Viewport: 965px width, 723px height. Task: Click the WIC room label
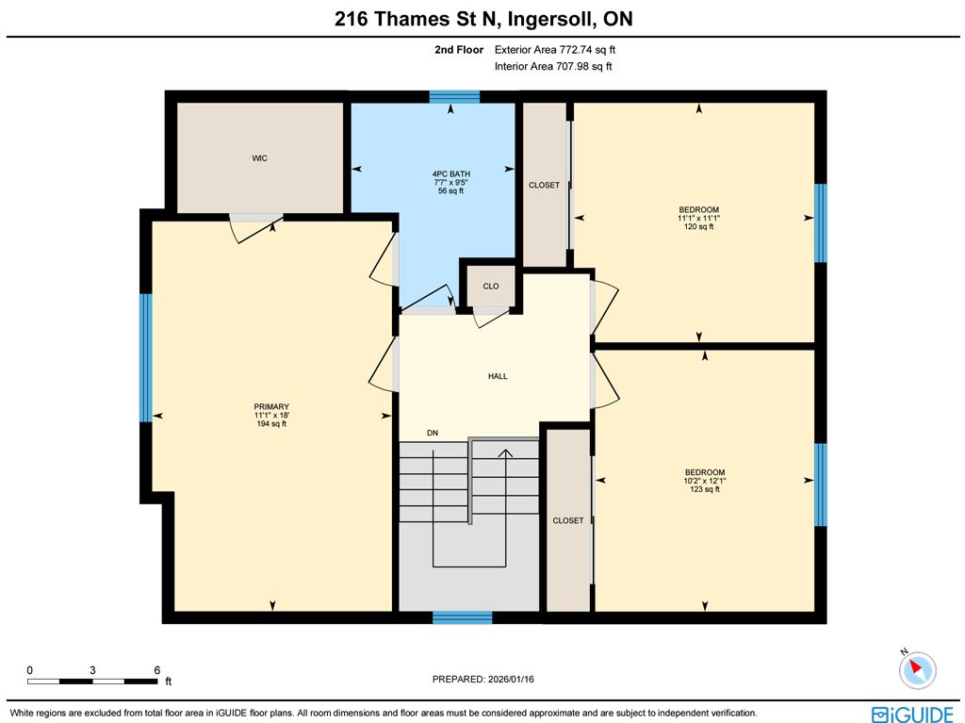tap(259, 158)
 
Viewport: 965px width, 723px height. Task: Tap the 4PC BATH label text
tap(451, 173)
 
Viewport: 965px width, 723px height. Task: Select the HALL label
tap(498, 376)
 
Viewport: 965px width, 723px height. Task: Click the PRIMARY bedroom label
tap(271, 406)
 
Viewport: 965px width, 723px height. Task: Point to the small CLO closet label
tap(490, 287)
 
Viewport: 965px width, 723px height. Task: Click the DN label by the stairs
tap(433, 433)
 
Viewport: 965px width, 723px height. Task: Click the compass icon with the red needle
tap(917, 669)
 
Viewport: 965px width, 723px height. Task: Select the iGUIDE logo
tap(912, 714)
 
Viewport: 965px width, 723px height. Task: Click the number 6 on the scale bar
tap(157, 670)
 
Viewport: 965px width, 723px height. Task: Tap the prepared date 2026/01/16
tap(511, 680)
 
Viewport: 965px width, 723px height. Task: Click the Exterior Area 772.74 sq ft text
tap(555, 50)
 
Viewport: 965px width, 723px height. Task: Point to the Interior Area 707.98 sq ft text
tap(553, 67)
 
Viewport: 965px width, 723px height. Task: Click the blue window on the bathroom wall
tap(454, 97)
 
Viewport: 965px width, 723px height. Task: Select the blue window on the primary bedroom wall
tap(146, 358)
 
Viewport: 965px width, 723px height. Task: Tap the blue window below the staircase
tap(462, 617)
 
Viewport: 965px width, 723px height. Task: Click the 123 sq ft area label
tap(705, 489)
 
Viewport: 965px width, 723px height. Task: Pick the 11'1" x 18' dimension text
tap(271, 415)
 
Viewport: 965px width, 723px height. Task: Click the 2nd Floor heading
tap(459, 50)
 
